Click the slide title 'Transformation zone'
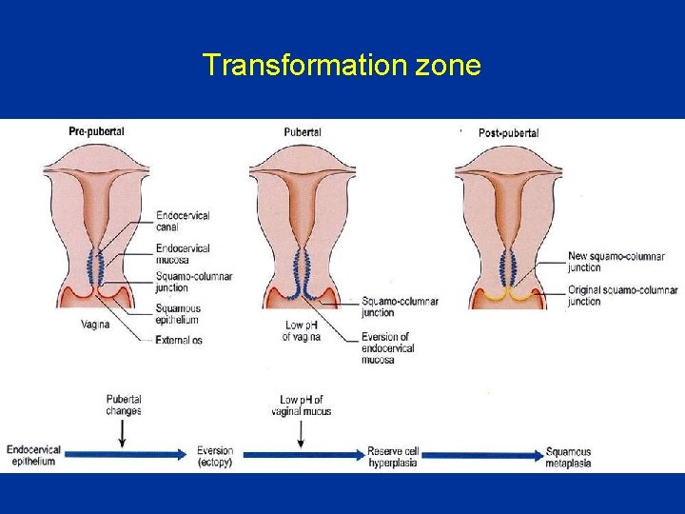(x=342, y=65)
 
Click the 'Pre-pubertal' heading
(x=96, y=130)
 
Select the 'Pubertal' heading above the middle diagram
(x=303, y=131)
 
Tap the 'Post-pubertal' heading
(x=508, y=132)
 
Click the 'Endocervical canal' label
(x=183, y=222)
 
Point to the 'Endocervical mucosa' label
(x=183, y=253)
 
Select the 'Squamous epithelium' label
(x=179, y=314)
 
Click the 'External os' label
(x=179, y=340)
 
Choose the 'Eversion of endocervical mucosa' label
(x=387, y=348)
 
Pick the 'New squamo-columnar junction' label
(x=616, y=262)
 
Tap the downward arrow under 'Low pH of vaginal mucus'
(x=301, y=434)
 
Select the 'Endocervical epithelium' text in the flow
(x=33, y=456)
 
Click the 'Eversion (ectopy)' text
(x=215, y=457)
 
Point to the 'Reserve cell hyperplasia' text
(x=393, y=457)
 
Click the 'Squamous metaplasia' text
(x=568, y=458)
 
